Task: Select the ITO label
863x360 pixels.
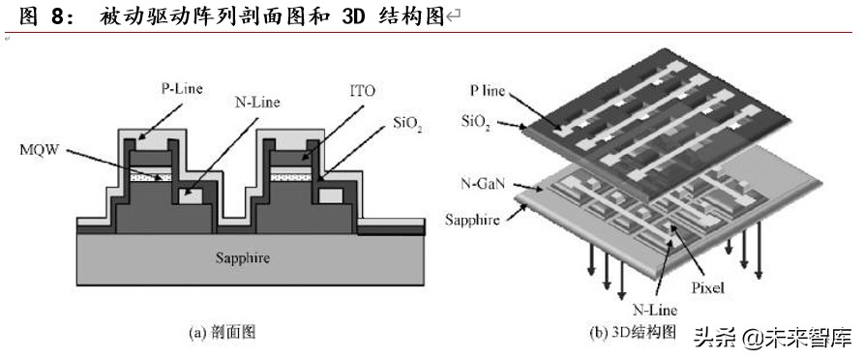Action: coord(364,92)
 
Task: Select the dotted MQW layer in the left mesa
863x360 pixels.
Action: coord(152,177)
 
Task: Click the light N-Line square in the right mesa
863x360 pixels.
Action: coord(330,196)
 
